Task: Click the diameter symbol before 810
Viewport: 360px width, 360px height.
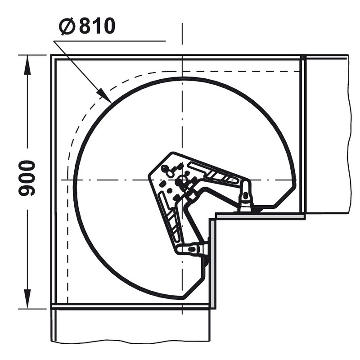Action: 67,26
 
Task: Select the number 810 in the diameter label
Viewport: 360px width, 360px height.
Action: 97,26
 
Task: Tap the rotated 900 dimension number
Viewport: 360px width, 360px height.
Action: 27,178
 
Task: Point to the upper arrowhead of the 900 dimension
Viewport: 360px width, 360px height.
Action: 27,65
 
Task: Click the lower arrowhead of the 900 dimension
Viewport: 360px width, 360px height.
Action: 27,299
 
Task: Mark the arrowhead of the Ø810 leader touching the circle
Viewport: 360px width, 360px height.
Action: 104,96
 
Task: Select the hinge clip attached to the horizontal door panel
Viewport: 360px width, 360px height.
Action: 245,196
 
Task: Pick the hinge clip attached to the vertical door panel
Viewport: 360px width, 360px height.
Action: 193,249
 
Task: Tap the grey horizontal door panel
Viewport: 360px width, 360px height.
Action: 261,216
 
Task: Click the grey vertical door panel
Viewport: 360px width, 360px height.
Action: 212,263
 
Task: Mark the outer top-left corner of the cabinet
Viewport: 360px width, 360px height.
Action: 51,55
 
